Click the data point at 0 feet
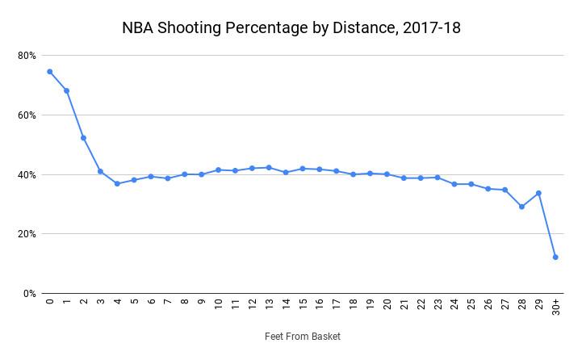(49, 71)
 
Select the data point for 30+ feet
(555, 257)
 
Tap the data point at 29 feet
(538, 193)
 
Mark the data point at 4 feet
(117, 183)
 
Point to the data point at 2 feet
(83, 137)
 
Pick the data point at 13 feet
(269, 168)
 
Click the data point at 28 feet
(521, 207)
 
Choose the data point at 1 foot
(66, 90)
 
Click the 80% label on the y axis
(27, 56)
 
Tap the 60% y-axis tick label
(27, 115)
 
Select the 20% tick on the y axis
(27, 234)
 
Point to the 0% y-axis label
(29, 294)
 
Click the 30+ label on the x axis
(555, 308)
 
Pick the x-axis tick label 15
(303, 305)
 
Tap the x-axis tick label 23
(438, 305)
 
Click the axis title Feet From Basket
(302, 337)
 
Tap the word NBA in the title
(138, 28)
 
